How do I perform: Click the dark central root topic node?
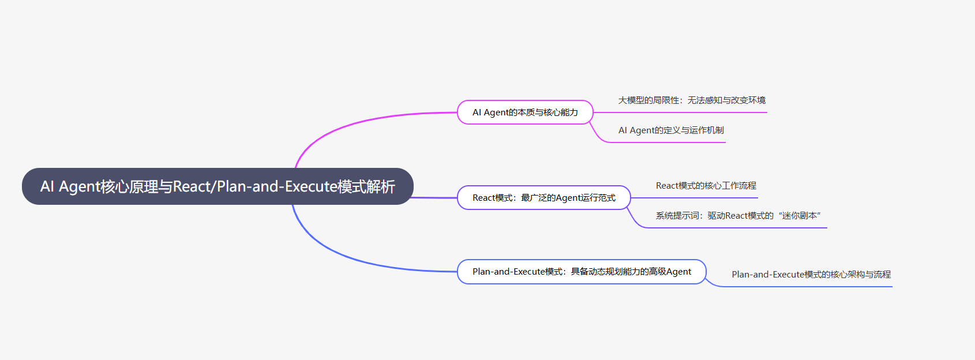[217, 186]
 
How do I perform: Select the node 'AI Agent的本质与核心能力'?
[525, 112]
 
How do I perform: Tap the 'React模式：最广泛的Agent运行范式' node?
[543, 198]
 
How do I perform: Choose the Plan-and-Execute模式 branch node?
[582, 272]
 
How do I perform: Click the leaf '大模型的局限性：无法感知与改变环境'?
[692, 100]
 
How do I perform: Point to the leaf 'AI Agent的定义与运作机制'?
[671, 130]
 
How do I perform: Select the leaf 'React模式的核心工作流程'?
[706, 186]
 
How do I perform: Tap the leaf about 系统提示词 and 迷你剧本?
[738, 216]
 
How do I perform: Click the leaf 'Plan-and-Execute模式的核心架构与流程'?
[811, 275]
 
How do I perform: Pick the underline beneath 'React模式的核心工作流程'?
[698, 198]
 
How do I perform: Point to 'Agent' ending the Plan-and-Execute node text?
[678, 272]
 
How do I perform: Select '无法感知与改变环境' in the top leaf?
[726, 100]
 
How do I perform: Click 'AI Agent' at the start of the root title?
[70, 187]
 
